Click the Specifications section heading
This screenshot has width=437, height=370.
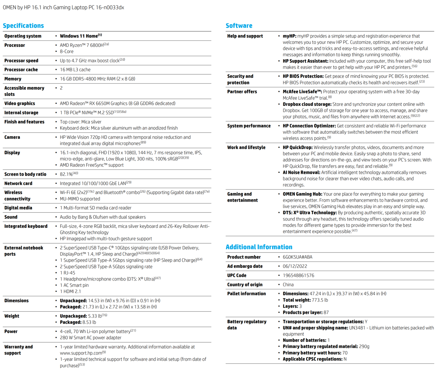point(23,26)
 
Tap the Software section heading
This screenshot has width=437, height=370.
point(239,26)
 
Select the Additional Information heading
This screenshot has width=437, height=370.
point(259,247)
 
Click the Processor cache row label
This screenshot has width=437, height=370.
point(21,70)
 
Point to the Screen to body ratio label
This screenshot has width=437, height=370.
point(25,174)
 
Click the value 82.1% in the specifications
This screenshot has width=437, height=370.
point(66,174)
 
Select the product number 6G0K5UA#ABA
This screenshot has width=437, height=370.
point(297,257)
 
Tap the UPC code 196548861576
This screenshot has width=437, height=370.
point(298,275)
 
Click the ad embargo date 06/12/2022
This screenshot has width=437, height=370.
point(295,266)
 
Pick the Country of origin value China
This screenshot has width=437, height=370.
point(288,285)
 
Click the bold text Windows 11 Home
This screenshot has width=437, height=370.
point(79,36)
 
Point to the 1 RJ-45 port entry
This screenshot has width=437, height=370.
point(67,273)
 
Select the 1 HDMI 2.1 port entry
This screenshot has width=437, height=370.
point(71,291)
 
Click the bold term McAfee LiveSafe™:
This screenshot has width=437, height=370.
point(302,92)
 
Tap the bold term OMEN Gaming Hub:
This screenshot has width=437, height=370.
point(302,194)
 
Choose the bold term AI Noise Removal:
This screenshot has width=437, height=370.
point(301,172)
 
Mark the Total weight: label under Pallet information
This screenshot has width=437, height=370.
point(297,300)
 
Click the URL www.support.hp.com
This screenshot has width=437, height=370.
point(81,353)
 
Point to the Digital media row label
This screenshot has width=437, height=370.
point(18,208)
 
